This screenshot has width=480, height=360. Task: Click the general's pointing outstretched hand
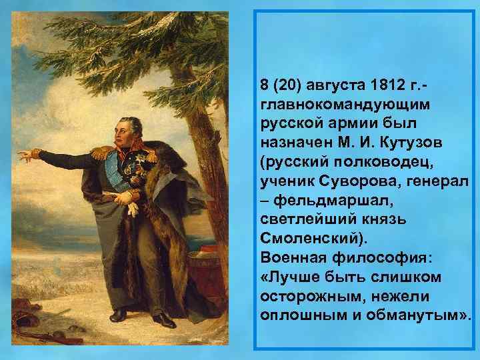(25, 156)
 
